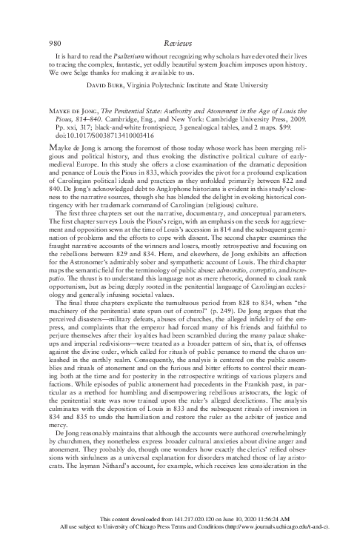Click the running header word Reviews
[x=180, y=24]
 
